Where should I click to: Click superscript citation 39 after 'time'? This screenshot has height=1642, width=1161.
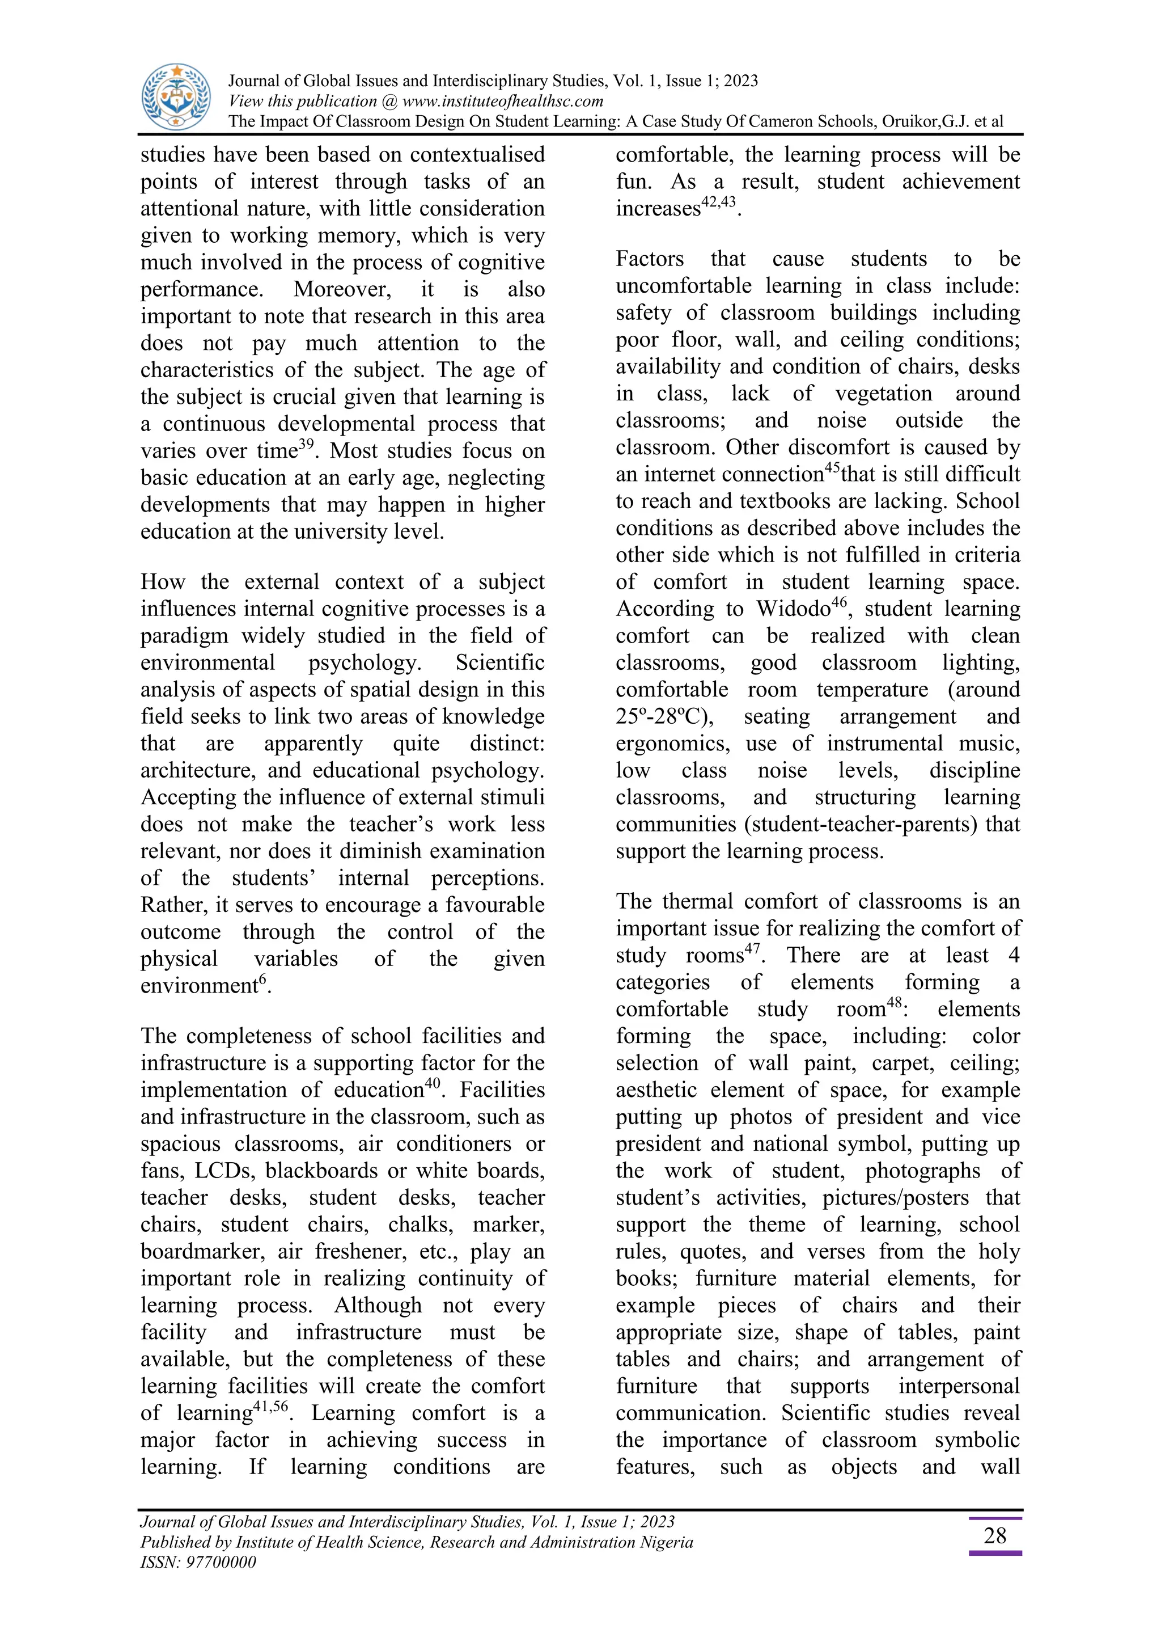click(306, 444)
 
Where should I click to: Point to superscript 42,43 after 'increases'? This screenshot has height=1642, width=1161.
click(718, 202)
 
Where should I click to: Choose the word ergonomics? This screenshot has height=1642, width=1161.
click(672, 744)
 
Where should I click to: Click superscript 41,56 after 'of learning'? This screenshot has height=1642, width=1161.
click(271, 1407)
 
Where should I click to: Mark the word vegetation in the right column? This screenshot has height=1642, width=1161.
click(884, 393)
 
